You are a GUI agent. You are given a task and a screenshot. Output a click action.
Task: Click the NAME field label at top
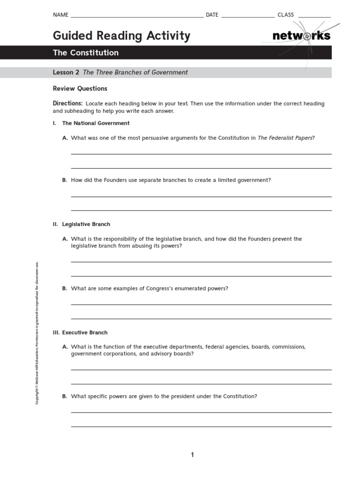[x=60, y=15]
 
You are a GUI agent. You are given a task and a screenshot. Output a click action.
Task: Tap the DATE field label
[x=212, y=15]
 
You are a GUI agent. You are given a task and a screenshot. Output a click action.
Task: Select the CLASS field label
[x=285, y=15]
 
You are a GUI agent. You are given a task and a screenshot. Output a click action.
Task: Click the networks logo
[x=301, y=36]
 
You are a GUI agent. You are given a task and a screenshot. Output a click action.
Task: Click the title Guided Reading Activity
[x=121, y=36]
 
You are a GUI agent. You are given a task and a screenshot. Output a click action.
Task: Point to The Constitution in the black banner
[x=86, y=52]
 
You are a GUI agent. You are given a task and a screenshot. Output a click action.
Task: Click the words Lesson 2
[x=66, y=72]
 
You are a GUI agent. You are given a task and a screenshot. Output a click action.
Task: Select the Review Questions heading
[x=80, y=89]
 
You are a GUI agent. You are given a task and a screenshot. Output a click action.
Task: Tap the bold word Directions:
[x=68, y=104]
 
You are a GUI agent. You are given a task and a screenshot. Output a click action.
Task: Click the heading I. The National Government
[x=91, y=123]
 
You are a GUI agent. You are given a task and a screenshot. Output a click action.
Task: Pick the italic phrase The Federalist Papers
[x=285, y=138]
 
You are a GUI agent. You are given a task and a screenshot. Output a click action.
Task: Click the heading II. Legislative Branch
[x=82, y=225]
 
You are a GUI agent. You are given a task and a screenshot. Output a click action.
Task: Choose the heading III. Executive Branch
[x=80, y=332]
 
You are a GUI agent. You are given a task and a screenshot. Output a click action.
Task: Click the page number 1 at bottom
[x=192, y=455]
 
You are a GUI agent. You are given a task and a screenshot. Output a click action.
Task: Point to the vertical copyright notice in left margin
[x=37, y=333]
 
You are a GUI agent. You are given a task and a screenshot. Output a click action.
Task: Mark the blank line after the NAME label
[x=136, y=16]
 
